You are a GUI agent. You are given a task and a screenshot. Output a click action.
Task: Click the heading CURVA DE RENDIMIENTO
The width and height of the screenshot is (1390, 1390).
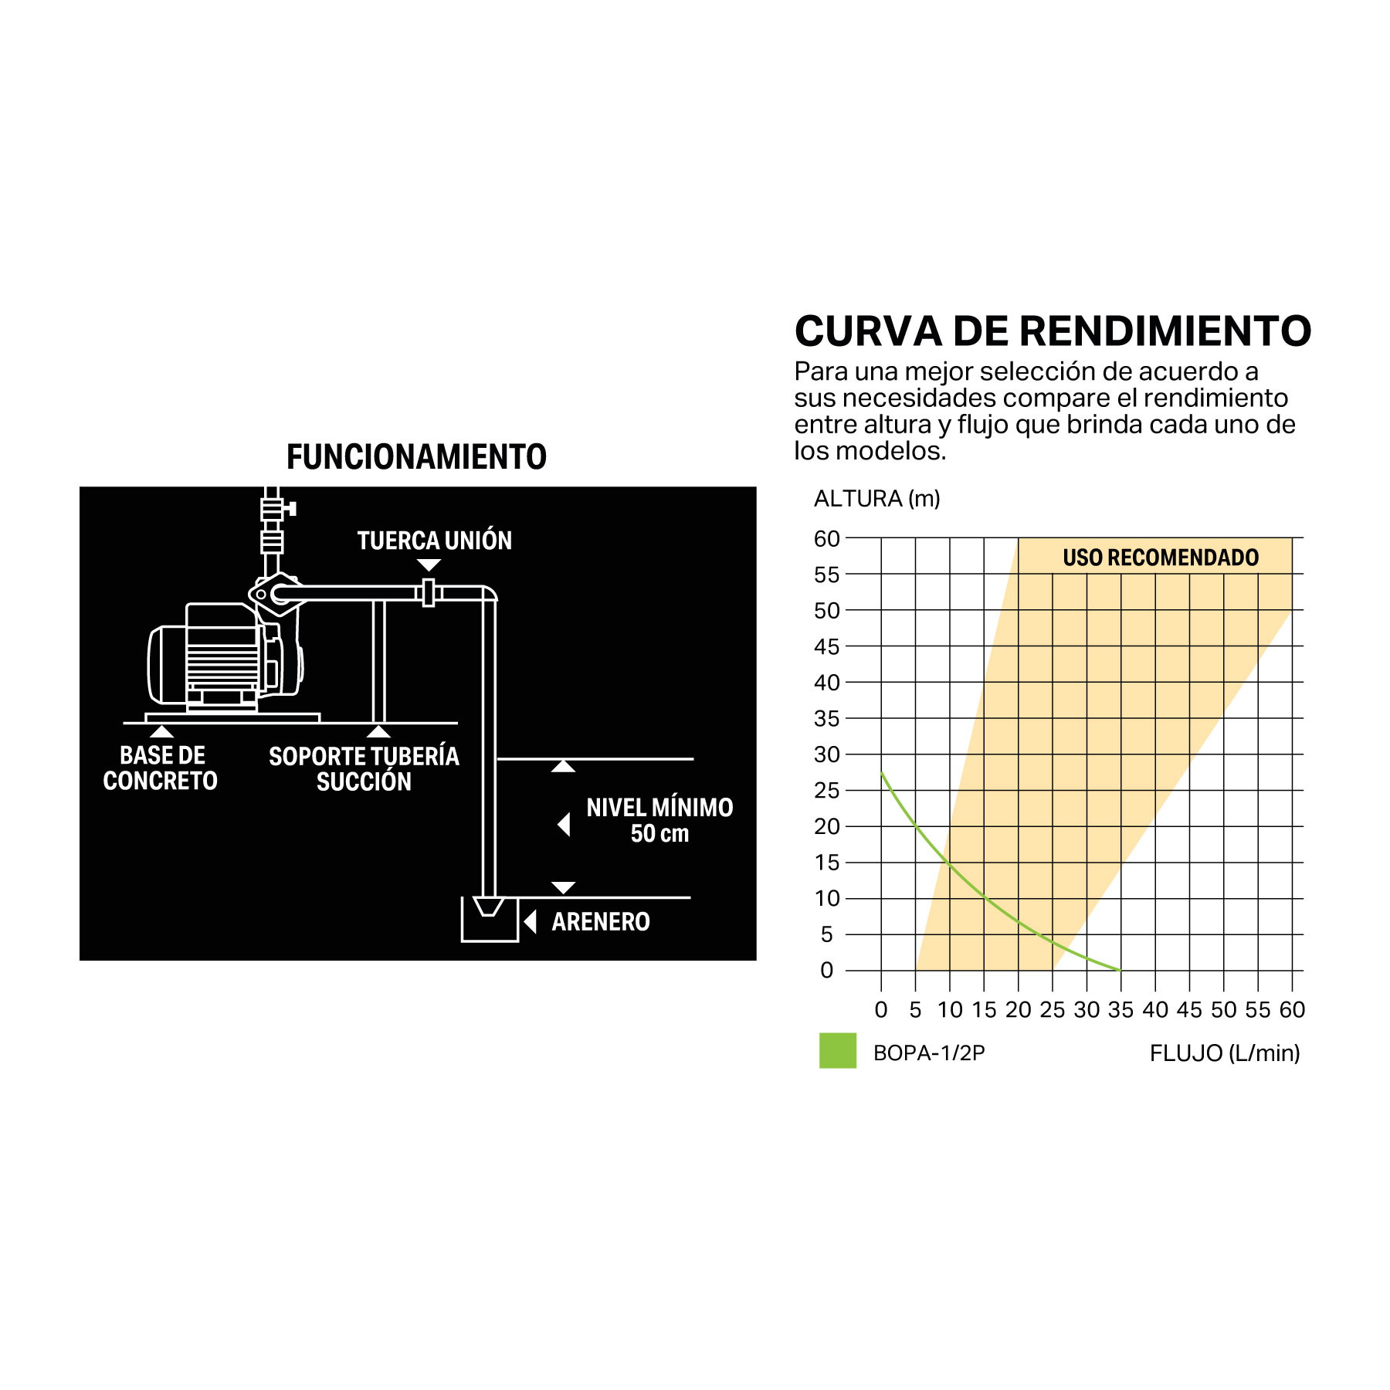click(x=1053, y=331)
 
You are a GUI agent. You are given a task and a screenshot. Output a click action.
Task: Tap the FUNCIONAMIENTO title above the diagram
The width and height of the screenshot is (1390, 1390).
click(x=416, y=457)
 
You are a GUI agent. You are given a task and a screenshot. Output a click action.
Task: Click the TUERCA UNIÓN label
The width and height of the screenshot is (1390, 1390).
click(x=434, y=541)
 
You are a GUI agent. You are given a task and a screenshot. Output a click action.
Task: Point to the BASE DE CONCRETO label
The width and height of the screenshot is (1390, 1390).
click(x=161, y=768)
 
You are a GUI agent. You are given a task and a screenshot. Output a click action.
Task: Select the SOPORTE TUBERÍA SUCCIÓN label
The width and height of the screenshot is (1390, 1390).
click(x=364, y=768)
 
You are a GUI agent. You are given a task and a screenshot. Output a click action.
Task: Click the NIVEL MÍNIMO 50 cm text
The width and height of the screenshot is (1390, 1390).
click(x=659, y=820)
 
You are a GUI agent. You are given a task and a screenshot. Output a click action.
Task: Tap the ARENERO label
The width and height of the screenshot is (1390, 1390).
click(x=601, y=921)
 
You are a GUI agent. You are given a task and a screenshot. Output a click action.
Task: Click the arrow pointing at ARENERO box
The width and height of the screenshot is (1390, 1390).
click(x=531, y=921)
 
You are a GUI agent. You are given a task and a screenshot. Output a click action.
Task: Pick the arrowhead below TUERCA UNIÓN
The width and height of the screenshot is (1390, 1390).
click(x=429, y=565)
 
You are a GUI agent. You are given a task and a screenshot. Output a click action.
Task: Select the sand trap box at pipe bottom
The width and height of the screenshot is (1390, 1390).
click(x=489, y=920)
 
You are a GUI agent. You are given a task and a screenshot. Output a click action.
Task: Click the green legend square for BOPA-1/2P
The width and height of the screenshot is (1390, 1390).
click(x=837, y=1050)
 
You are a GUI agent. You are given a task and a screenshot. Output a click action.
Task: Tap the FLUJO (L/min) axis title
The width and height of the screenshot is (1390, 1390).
click(x=1225, y=1053)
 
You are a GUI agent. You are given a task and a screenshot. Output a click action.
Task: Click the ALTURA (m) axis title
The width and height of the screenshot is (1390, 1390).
click(x=877, y=499)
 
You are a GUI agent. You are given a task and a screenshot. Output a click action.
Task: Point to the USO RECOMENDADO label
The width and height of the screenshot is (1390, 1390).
click(x=1161, y=558)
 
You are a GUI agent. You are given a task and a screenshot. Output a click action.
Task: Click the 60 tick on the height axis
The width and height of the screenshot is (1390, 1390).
click(x=826, y=539)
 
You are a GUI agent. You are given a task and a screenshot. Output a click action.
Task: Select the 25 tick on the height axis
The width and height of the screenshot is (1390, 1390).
click(x=826, y=791)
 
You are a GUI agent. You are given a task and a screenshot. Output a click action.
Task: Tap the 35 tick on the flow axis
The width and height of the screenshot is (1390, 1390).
click(x=1120, y=1010)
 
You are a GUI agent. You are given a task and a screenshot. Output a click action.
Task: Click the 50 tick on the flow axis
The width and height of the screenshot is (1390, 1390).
click(x=1223, y=1010)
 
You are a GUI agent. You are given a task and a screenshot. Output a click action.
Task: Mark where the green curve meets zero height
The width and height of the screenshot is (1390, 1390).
click(x=1120, y=970)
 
